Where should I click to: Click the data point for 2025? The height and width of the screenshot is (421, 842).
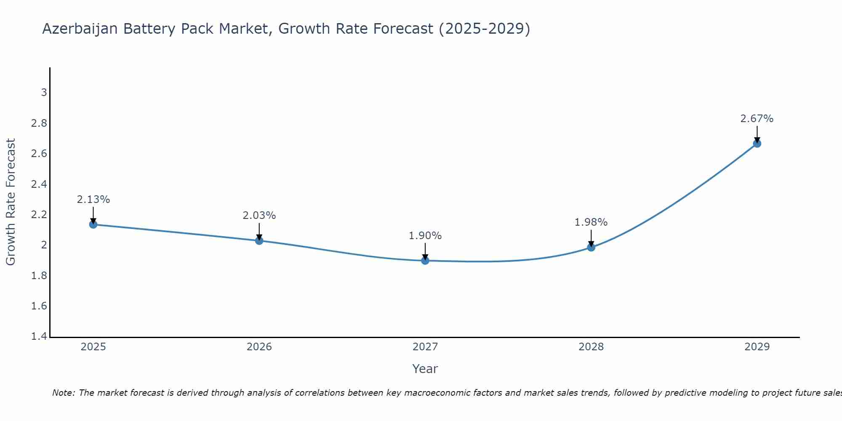pyautogui.click(x=93, y=224)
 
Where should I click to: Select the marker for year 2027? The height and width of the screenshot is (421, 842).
pyautogui.click(x=425, y=261)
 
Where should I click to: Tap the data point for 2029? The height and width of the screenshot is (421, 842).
pyautogui.click(x=757, y=144)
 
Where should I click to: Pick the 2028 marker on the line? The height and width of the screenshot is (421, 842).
pyautogui.click(x=591, y=247)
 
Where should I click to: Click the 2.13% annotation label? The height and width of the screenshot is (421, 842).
pyautogui.click(x=93, y=200)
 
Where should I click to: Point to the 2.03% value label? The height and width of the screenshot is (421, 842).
pyautogui.click(x=259, y=216)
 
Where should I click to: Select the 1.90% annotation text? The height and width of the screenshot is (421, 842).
pyautogui.click(x=425, y=236)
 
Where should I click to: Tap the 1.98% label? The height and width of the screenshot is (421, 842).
pyautogui.click(x=591, y=222)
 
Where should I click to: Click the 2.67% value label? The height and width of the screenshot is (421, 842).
pyautogui.click(x=757, y=119)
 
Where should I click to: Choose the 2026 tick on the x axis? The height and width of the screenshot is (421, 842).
pyautogui.click(x=259, y=347)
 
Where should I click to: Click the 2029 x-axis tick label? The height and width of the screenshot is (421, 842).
pyautogui.click(x=757, y=347)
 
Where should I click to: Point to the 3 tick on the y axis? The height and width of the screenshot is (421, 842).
pyautogui.click(x=44, y=92)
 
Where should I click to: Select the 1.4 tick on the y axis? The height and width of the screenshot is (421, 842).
pyautogui.click(x=39, y=336)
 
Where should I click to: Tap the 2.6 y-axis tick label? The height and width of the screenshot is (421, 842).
pyautogui.click(x=39, y=154)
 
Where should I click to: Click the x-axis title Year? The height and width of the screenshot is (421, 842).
pyautogui.click(x=425, y=369)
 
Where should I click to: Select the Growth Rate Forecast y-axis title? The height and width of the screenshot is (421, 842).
pyautogui.click(x=11, y=202)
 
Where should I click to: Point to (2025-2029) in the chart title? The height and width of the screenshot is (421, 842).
pyautogui.click(x=484, y=29)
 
